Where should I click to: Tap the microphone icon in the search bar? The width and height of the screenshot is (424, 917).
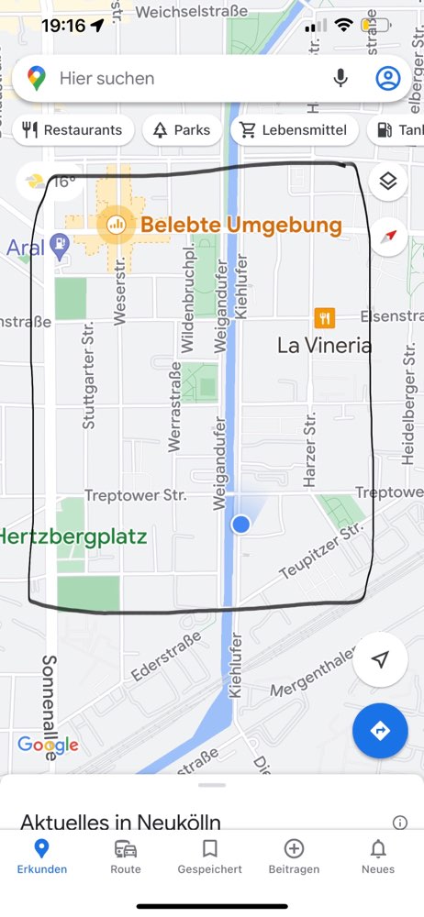click(x=340, y=78)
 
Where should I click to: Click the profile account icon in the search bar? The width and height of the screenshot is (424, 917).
click(x=388, y=78)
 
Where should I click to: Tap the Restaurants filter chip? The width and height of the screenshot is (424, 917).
click(x=73, y=130)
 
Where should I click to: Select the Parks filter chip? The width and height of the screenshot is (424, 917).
click(x=182, y=130)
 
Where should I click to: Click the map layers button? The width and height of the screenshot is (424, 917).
click(x=388, y=182)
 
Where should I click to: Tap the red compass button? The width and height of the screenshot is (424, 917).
click(x=389, y=237)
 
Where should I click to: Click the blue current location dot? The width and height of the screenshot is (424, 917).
click(x=240, y=524)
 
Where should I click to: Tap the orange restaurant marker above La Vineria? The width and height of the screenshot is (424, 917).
click(x=324, y=317)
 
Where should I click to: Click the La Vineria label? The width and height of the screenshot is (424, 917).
click(x=324, y=346)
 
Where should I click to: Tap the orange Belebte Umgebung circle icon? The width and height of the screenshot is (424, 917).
click(x=116, y=224)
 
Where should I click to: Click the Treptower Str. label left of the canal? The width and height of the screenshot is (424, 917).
click(x=135, y=495)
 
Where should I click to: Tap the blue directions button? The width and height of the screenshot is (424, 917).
click(x=381, y=730)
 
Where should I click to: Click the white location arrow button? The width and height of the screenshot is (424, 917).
click(x=381, y=659)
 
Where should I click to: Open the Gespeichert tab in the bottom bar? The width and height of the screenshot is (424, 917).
click(x=210, y=856)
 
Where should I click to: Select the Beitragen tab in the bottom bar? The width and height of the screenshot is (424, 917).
click(x=294, y=856)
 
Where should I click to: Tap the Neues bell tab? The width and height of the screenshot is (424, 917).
click(x=378, y=856)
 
